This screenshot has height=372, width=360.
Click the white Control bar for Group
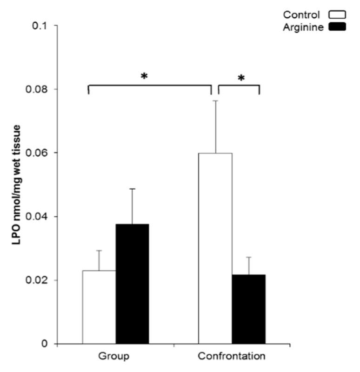pos(99,307)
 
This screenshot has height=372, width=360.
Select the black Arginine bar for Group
pos(132,284)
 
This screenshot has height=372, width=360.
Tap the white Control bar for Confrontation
pos(215,249)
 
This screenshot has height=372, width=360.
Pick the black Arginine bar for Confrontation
pos(248,309)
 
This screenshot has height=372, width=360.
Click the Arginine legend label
pos(303,27)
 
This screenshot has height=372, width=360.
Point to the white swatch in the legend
pos(337,15)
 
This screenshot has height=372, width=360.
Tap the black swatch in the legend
pos(337,27)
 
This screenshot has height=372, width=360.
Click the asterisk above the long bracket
pos(144,76)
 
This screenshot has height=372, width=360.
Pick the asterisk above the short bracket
pos(241,79)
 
